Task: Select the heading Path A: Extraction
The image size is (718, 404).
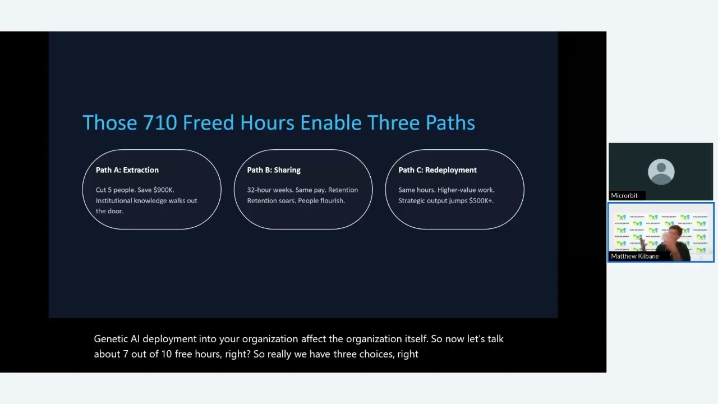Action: (127, 170)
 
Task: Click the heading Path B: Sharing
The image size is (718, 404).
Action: (274, 170)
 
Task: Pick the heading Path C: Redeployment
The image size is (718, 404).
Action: (438, 170)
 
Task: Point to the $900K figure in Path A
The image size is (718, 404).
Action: (163, 190)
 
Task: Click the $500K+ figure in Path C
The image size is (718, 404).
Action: (481, 200)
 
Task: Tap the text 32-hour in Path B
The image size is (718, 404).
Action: (259, 190)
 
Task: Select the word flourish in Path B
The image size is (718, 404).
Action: (332, 200)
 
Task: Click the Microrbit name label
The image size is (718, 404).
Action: (624, 195)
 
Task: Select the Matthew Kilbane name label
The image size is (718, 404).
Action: (634, 256)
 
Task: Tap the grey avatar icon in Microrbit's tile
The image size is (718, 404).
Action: (661, 172)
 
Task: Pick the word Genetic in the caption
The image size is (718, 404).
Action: (111, 339)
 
